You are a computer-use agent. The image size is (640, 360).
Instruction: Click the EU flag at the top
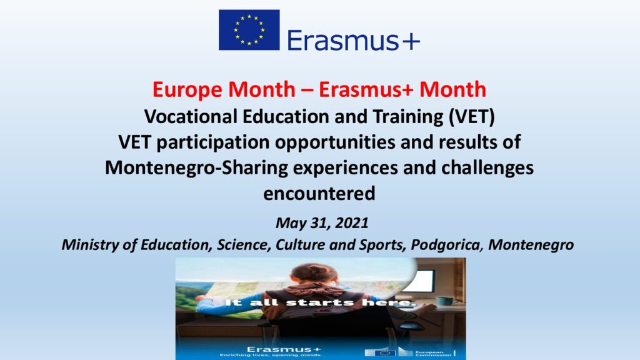pos(249,30)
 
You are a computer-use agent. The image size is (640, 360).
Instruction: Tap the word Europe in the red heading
pos(188,89)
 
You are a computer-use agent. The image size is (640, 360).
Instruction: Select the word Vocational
pos(191,116)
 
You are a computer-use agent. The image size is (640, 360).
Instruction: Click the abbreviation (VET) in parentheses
pos(471,117)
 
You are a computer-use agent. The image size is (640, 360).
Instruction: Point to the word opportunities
pos(335,142)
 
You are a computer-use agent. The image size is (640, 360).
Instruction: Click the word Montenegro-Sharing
pos(196,168)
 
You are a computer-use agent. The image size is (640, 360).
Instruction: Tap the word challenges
pos(487,168)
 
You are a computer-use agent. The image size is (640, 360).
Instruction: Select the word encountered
pos(319,194)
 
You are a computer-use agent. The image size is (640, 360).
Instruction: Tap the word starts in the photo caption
pos(319,302)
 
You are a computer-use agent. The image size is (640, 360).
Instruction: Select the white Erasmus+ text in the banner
pos(284,349)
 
